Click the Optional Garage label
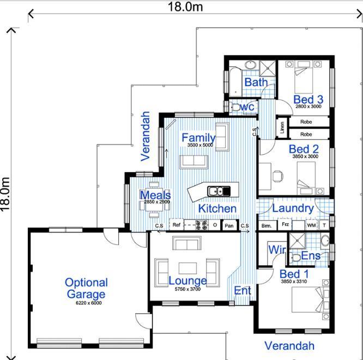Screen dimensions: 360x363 (86, 289)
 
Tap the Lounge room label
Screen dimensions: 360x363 (187, 281)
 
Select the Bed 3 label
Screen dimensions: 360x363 (308, 99)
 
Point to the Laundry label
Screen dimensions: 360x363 (292, 208)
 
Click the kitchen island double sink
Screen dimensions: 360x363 (219, 191)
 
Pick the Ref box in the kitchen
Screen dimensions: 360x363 (176, 224)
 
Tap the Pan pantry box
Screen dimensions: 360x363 (229, 225)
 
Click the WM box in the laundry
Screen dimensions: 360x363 (311, 225)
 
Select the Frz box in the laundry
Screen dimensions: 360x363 (285, 224)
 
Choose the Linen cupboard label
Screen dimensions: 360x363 (282, 128)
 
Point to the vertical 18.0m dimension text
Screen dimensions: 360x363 (6, 194)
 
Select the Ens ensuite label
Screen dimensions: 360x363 (311, 255)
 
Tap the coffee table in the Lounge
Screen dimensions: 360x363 (187, 267)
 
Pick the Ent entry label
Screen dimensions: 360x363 (242, 290)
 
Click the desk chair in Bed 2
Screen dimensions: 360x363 (277, 175)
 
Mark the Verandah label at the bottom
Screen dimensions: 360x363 (289, 345)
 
